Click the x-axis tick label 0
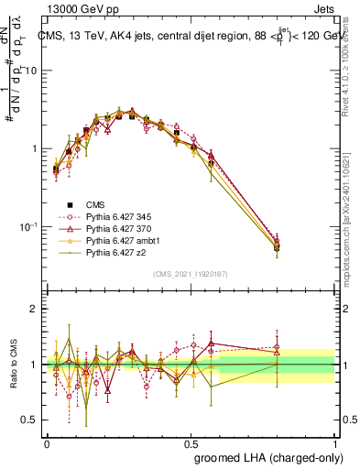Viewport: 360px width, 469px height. (47, 442)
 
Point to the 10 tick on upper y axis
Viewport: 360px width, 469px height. (32, 71)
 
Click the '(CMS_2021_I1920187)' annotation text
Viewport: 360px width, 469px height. (190, 274)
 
